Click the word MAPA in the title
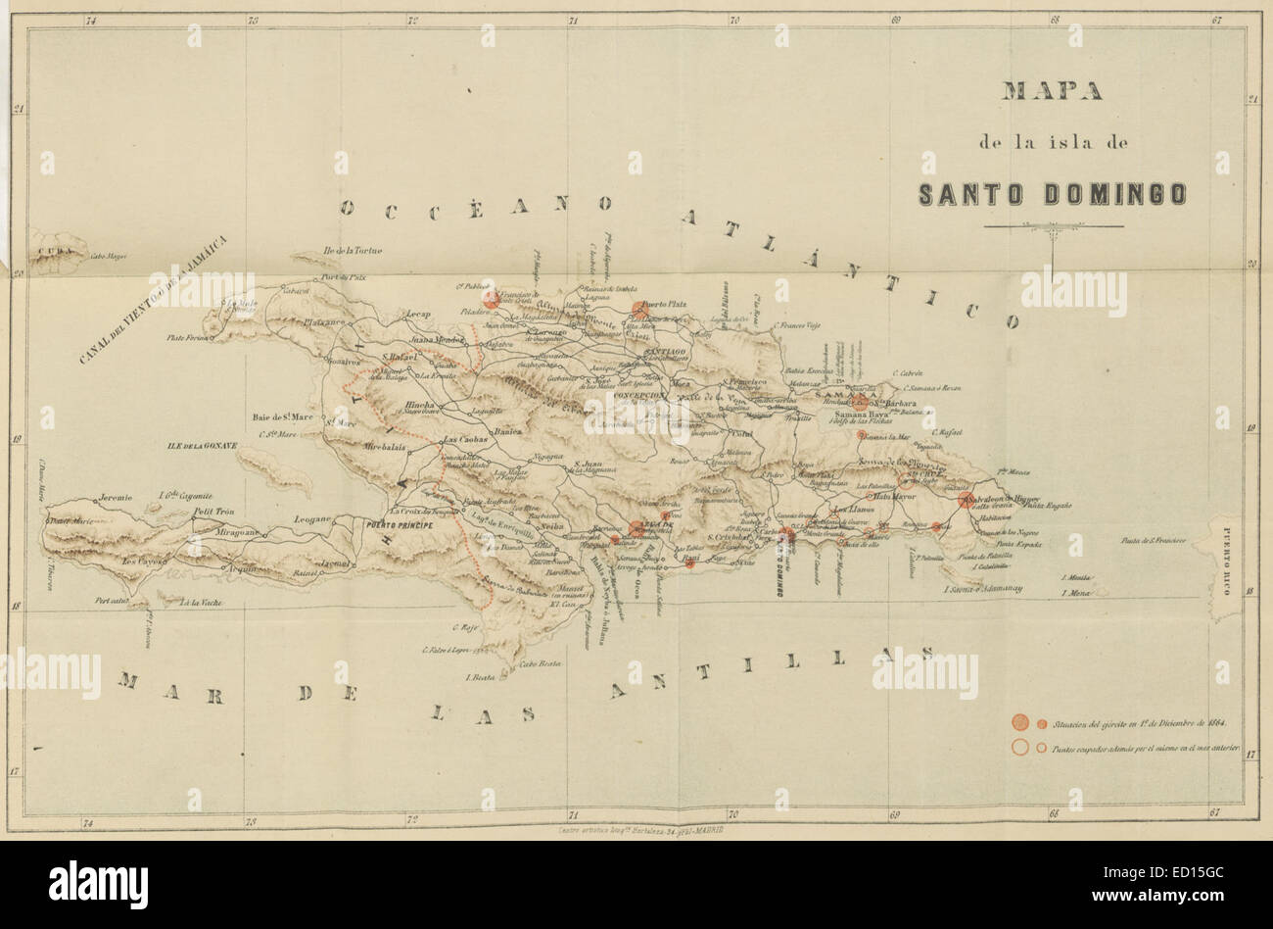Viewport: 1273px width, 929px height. point(1051,92)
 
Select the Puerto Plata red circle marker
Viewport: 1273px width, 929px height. point(639,311)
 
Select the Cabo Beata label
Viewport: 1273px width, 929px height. point(542,664)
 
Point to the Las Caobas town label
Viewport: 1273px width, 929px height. point(466,439)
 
